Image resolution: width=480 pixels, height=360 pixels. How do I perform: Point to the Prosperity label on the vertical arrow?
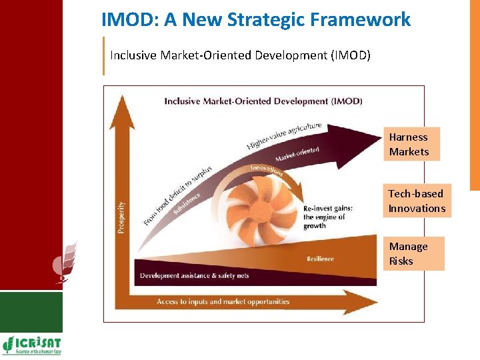point(121,217)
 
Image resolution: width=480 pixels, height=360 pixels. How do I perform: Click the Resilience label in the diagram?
point(320,259)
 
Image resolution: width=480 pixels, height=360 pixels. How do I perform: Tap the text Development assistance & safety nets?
point(195,275)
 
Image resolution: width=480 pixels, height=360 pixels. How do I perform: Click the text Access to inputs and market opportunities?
point(223,301)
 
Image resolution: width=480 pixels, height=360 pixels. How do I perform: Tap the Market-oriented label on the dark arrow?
point(297,155)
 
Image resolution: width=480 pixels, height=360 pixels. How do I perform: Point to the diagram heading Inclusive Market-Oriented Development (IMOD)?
point(263,101)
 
